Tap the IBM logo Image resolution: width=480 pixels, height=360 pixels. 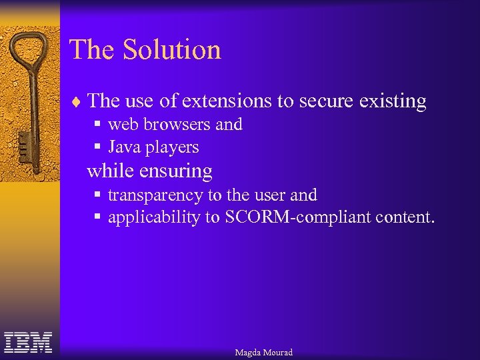point(28,342)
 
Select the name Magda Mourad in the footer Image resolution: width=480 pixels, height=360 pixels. point(263,352)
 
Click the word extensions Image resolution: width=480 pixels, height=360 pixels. point(227,101)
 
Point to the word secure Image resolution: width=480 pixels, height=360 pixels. point(326,101)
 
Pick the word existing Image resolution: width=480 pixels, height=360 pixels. point(392,101)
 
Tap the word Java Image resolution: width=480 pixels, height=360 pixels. point(125,147)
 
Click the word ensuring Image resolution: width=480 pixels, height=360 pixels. point(176,171)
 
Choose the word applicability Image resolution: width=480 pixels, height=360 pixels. point(153,218)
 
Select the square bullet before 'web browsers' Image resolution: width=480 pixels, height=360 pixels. point(97,125)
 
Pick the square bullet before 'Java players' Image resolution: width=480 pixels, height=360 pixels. point(97,147)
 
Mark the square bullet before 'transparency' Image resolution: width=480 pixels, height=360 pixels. point(97,195)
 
